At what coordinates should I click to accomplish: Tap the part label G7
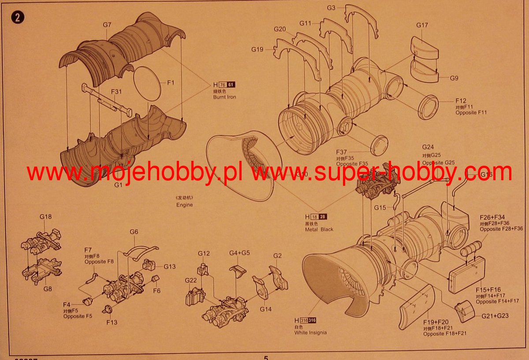tap(107, 25)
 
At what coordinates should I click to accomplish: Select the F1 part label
tap(171, 82)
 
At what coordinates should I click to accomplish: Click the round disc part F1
tap(147, 84)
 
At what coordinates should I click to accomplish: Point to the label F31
tap(116, 92)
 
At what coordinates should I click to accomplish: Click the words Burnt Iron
tap(224, 97)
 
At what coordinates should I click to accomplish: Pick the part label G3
tap(331, 7)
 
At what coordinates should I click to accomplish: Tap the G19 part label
tap(257, 49)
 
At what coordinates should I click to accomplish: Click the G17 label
tap(422, 25)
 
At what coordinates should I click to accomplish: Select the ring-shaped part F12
tap(428, 106)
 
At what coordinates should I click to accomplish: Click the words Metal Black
tap(319, 229)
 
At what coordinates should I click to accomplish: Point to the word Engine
tap(185, 205)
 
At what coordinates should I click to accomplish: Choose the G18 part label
tap(45, 217)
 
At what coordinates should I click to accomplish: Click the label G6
tap(134, 232)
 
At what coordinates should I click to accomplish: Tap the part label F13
tap(112, 322)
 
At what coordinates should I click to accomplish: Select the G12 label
tap(204, 253)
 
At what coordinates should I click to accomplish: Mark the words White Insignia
tap(310, 333)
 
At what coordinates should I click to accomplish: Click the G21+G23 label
tap(495, 316)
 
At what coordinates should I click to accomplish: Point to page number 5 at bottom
tap(266, 357)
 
